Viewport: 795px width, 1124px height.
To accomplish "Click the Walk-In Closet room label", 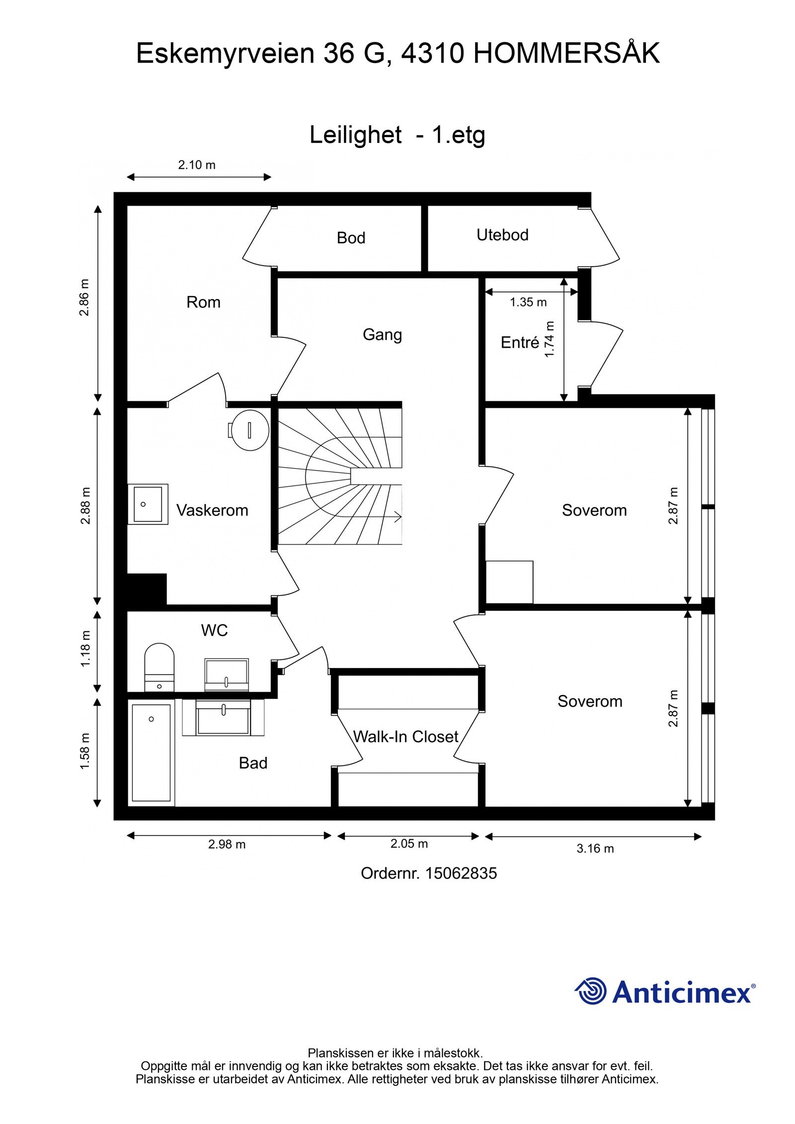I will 405,736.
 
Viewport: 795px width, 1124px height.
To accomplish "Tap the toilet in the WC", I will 159,666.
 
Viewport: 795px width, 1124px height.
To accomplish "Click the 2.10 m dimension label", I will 197,165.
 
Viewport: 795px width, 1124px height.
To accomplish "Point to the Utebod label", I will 502,235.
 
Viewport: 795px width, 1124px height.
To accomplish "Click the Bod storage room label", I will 351,238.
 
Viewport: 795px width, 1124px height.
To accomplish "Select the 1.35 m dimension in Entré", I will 528,302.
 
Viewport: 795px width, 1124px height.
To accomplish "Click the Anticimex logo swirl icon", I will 591,991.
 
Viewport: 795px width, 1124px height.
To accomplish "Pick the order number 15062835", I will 461,873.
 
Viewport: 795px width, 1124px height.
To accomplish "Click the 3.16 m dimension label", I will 595,848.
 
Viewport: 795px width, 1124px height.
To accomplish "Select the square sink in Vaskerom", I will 147,504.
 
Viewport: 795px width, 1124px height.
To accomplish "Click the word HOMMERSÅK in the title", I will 566,53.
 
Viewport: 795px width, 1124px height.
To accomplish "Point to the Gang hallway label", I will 382,335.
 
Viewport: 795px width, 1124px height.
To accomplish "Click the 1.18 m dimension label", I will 85,649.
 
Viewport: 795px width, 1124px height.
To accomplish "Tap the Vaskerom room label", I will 212,510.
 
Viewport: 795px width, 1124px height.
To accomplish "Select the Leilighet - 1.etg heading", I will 397,135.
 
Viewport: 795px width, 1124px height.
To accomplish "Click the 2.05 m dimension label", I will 408,843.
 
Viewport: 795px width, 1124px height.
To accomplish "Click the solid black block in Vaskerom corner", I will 147,589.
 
